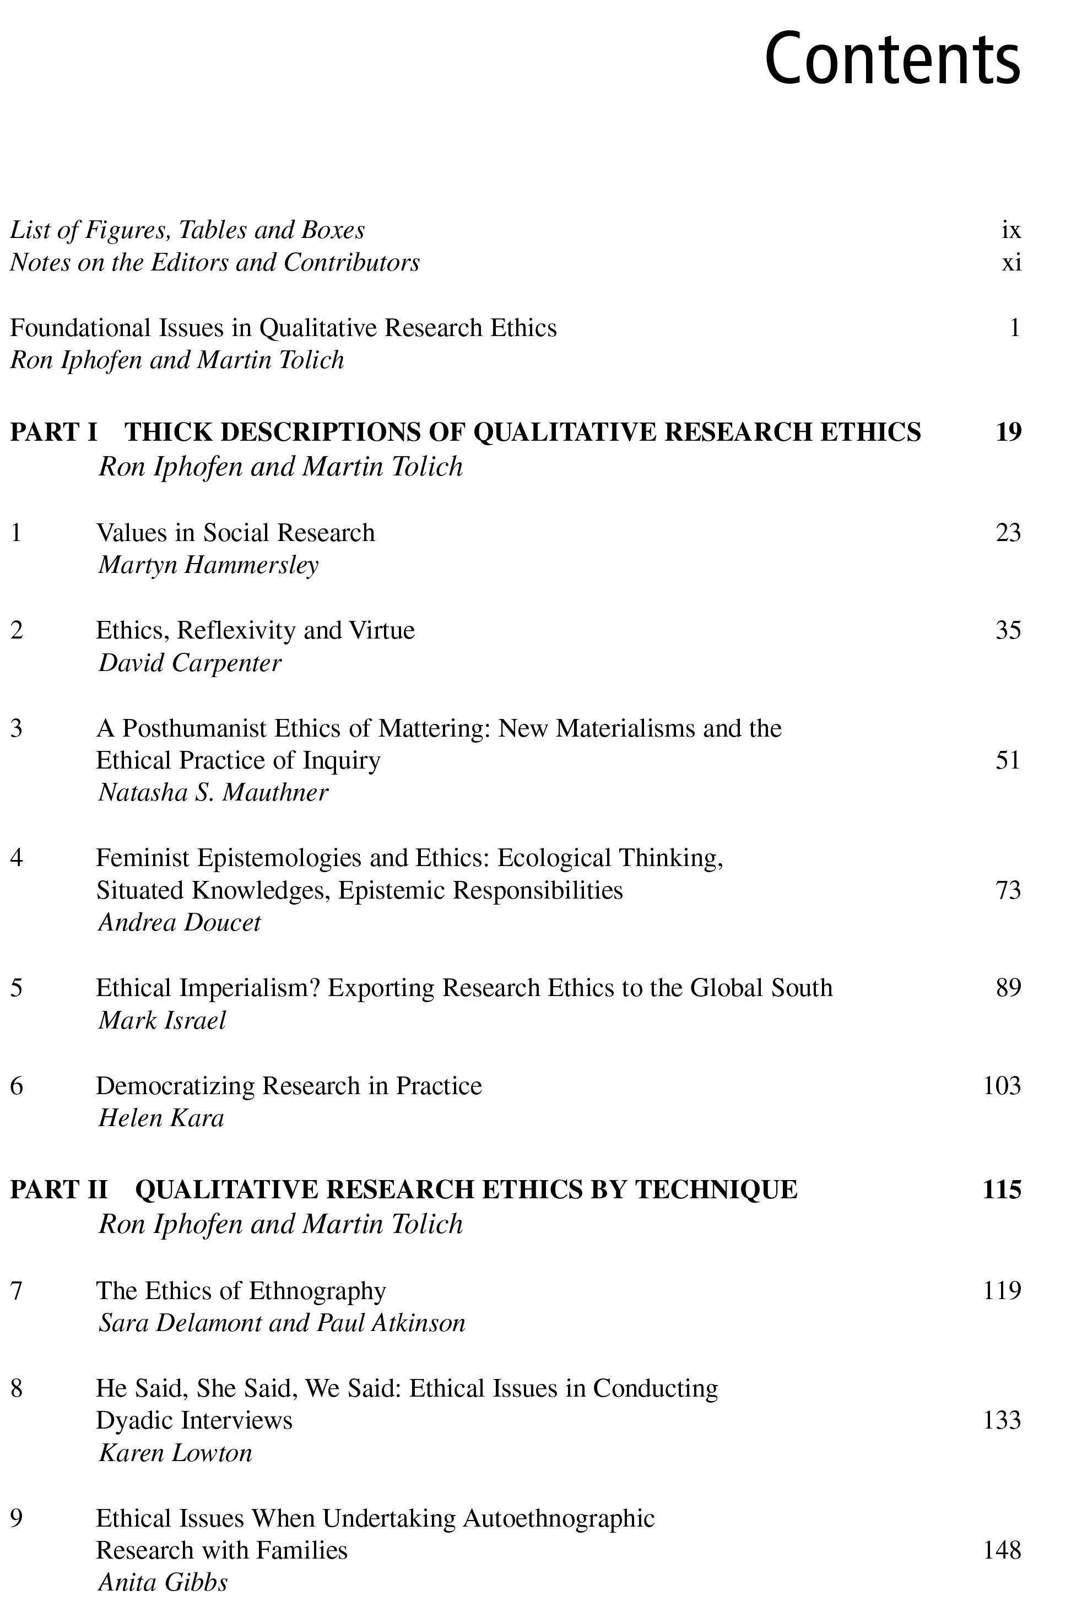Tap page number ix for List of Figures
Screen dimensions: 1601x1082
click(x=1010, y=230)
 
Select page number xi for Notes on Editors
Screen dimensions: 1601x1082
click(x=1010, y=262)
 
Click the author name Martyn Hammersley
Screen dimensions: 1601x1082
click(x=208, y=565)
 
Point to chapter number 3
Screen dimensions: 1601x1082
click(x=17, y=728)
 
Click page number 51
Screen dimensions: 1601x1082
click(x=1008, y=760)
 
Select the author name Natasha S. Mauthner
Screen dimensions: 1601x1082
click(x=213, y=793)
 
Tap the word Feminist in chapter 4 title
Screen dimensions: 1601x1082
click(x=142, y=858)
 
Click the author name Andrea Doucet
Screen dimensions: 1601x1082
click(x=180, y=922)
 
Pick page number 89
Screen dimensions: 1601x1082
click(x=1008, y=988)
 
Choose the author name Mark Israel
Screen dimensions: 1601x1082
click(x=162, y=1020)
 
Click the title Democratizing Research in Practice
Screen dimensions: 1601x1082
click(x=289, y=1086)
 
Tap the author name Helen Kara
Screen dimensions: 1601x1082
click(x=161, y=1118)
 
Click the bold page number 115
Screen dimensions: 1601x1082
click(x=1002, y=1189)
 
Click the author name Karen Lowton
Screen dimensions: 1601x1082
click(x=176, y=1453)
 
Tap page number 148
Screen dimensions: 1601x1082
click(x=1002, y=1550)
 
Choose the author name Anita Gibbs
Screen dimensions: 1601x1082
click(x=163, y=1582)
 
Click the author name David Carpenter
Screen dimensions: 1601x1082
click(x=190, y=663)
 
